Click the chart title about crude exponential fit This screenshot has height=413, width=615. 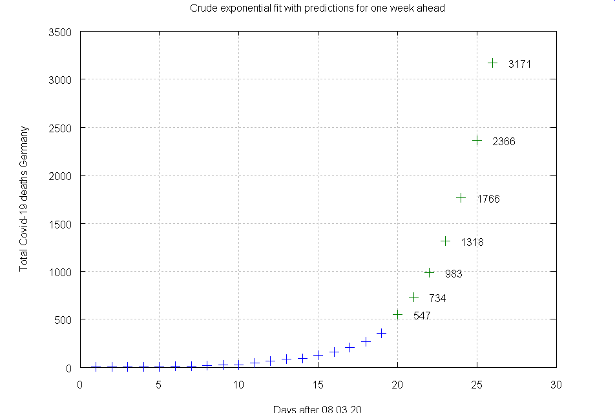click(317, 8)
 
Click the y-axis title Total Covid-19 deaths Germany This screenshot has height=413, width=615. click(24, 199)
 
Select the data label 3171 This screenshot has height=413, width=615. click(520, 64)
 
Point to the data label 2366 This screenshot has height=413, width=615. click(504, 141)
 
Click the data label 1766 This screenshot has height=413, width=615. click(488, 199)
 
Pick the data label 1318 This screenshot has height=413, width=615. click(472, 243)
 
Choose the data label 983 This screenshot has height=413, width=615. click(453, 274)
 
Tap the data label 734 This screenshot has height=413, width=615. click(437, 298)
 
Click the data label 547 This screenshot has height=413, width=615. click(422, 316)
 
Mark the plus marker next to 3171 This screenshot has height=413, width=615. click(493, 63)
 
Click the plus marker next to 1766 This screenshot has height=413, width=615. click(461, 197)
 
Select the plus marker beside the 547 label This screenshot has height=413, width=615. click(397, 315)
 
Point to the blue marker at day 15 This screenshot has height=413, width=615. click(318, 355)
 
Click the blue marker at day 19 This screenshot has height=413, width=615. click(382, 333)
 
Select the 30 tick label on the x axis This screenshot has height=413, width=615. click(556, 385)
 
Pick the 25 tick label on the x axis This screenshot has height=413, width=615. click(477, 385)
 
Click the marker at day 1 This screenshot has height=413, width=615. click(96, 367)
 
